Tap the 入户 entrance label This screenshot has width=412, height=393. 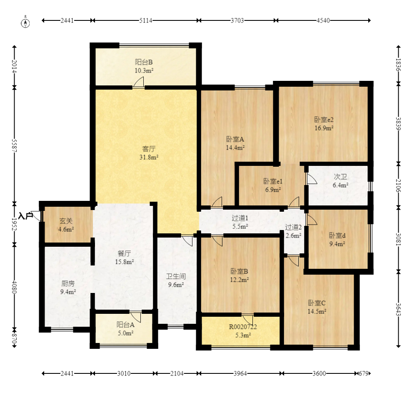click(x=25, y=216)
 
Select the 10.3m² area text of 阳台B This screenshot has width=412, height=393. click(x=144, y=71)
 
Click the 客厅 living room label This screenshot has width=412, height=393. click(x=149, y=149)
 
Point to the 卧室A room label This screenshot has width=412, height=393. click(x=235, y=139)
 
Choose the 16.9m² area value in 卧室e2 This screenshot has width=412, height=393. click(x=324, y=128)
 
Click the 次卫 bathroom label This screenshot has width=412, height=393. click(x=340, y=177)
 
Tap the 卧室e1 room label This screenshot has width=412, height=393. click(x=273, y=181)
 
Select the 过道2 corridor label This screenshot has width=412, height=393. click(x=293, y=227)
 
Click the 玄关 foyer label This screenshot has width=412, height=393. click(x=66, y=221)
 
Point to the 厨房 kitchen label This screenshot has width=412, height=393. click(x=68, y=283)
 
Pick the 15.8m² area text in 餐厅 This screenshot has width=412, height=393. click(x=124, y=262)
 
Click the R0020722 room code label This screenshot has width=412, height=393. click(x=243, y=327)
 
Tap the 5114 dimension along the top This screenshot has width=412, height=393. click(x=145, y=20)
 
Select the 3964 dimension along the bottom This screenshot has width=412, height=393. click(x=240, y=373)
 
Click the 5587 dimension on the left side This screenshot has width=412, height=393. click(x=15, y=145)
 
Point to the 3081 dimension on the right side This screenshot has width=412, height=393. click(x=398, y=239)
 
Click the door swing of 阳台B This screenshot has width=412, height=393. click(x=138, y=82)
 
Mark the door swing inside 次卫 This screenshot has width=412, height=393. click(x=312, y=178)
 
